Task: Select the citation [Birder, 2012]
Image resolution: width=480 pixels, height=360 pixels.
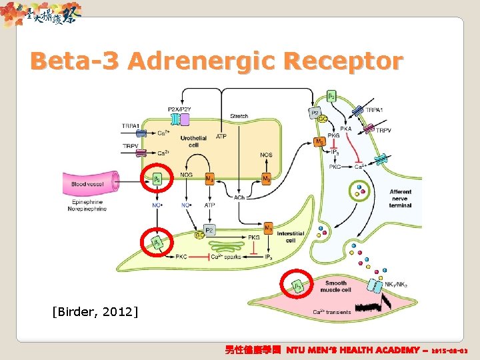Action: [x=95, y=311]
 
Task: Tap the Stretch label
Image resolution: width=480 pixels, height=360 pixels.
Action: [x=239, y=116]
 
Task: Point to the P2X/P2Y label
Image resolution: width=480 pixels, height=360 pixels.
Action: [x=179, y=109]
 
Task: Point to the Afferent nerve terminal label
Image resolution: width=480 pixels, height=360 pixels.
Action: [x=400, y=198]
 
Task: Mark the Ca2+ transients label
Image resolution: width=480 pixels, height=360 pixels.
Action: [x=331, y=311]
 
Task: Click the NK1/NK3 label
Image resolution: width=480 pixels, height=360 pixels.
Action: [x=395, y=284]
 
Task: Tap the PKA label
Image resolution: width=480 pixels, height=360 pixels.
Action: [x=345, y=129]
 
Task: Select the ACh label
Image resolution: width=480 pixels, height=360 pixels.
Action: [x=239, y=197]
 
